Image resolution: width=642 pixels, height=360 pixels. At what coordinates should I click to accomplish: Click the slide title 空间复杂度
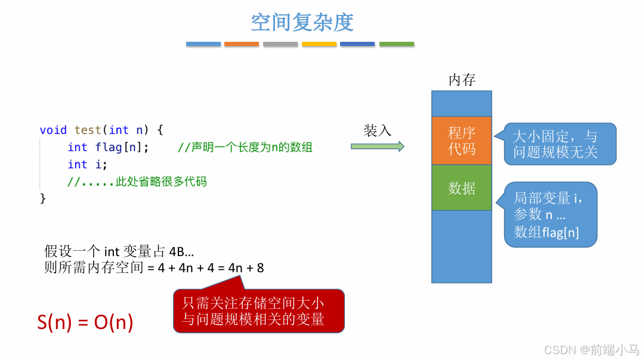tap(302, 23)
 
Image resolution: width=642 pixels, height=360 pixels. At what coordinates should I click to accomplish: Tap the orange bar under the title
tap(241, 44)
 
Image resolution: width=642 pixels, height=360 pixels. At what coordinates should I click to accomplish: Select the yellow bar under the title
tap(319, 44)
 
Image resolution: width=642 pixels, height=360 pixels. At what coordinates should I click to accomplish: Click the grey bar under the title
tap(280, 44)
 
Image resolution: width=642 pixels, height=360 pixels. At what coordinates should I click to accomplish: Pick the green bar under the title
tap(396, 44)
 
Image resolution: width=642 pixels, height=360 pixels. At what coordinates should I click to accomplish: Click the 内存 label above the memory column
tap(462, 80)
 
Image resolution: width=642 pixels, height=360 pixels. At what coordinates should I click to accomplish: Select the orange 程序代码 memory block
tap(462, 141)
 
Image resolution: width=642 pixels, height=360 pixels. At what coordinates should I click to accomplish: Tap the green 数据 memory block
tap(462, 188)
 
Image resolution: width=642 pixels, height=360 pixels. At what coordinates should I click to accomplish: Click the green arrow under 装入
tap(377, 146)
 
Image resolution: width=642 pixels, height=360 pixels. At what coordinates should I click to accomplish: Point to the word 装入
tap(377, 131)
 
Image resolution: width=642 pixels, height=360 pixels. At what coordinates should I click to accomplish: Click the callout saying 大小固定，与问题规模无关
tap(558, 144)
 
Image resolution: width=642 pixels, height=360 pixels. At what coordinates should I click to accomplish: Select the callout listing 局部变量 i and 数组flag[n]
tap(552, 214)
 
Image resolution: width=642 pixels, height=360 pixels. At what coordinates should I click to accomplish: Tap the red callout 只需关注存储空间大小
tap(258, 311)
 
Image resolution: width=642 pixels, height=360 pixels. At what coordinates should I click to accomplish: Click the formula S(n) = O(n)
tap(85, 322)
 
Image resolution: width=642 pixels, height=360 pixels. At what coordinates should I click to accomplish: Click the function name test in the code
tap(88, 130)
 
